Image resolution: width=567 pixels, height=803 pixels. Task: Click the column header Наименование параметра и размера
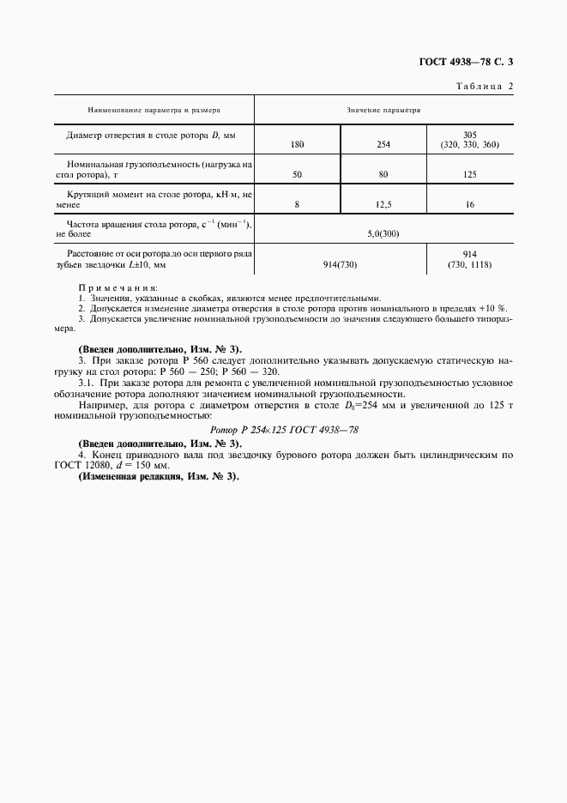point(154,111)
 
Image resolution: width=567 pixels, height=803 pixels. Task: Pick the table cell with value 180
point(298,144)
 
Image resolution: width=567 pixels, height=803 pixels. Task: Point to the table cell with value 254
point(383,144)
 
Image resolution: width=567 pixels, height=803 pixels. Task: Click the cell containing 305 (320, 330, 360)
point(469,140)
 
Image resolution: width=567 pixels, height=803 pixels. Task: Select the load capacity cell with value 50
point(298,174)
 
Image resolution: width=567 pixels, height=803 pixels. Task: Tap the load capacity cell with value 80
point(383,174)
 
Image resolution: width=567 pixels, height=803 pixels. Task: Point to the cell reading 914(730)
point(341,265)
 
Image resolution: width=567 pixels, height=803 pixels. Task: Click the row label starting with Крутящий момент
point(154,200)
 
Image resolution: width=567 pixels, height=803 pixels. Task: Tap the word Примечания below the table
point(118,288)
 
